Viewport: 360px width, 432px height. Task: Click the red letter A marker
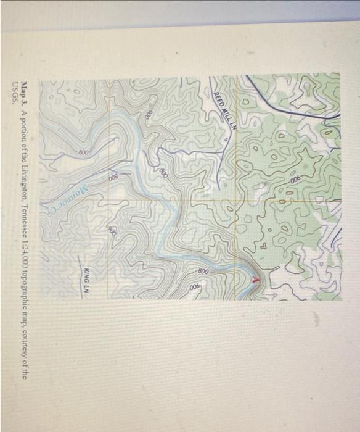click(x=256, y=280)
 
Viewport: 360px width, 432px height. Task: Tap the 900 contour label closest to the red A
click(x=196, y=289)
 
